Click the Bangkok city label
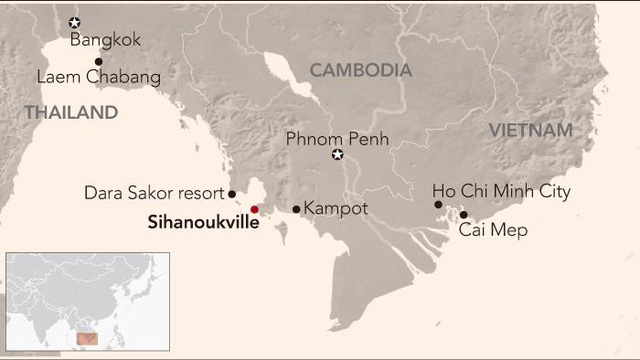(105, 40)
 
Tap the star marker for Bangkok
(74, 22)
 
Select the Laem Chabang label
(98, 77)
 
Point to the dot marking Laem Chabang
(98, 61)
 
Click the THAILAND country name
(71, 113)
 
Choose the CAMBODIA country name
(360, 70)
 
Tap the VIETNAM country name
(530, 131)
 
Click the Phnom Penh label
(337, 139)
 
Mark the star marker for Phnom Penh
(338, 155)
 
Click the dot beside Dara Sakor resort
(232, 194)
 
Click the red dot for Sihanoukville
(254, 209)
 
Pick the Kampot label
(335, 209)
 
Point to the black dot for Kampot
(296, 209)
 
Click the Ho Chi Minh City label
(501, 191)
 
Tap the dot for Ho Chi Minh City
(438, 204)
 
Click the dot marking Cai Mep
(463, 214)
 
